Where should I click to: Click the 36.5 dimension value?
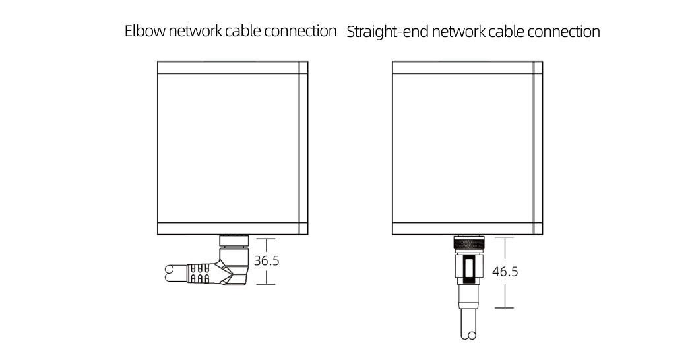tap(267, 261)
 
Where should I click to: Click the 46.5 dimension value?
tap(505, 272)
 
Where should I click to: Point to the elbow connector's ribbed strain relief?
tap(199, 273)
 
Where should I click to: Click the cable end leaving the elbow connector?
tap(170, 270)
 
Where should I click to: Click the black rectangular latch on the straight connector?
tap(468, 268)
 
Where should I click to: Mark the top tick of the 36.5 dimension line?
tap(265, 238)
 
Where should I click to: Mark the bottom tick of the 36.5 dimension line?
tap(265, 284)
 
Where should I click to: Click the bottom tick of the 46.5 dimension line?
tap(504, 308)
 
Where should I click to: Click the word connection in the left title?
tap(300, 31)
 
